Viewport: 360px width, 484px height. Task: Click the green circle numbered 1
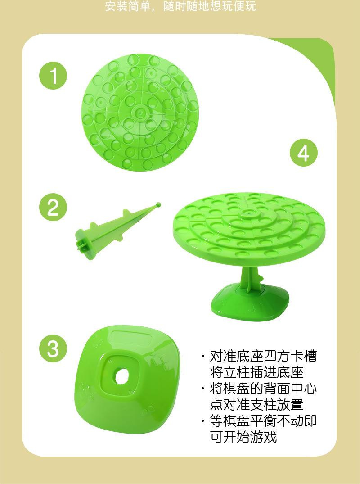(x=53, y=76)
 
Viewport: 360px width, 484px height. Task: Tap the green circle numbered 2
(x=53, y=208)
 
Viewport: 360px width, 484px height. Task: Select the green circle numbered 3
(x=53, y=348)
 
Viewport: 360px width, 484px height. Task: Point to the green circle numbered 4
(x=304, y=153)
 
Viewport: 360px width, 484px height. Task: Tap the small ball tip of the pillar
(x=158, y=205)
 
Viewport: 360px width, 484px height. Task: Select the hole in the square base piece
(x=121, y=375)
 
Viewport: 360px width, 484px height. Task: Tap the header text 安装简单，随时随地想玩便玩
(x=180, y=6)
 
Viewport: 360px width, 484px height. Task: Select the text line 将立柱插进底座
(x=256, y=372)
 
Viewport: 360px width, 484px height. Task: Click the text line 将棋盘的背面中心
(x=263, y=388)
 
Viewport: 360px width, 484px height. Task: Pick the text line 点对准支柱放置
(x=256, y=404)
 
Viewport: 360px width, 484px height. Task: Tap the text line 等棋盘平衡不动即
(x=263, y=421)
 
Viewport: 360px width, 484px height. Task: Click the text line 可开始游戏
(x=243, y=437)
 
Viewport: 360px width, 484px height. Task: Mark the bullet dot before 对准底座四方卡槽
(x=203, y=357)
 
